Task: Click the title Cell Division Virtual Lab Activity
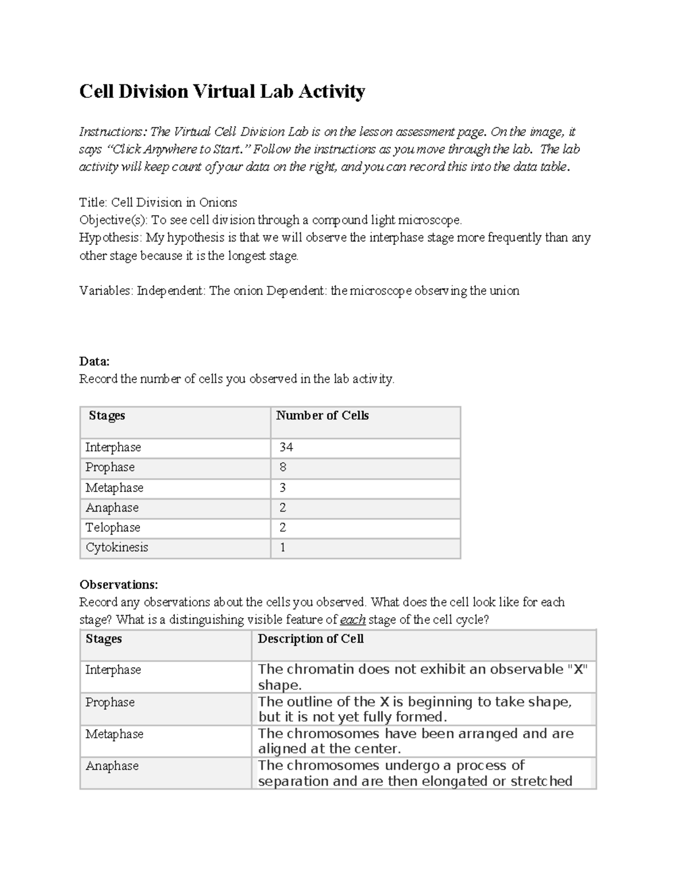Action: (x=222, y=91)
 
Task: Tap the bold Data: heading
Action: (x=94, y=361)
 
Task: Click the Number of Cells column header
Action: (x=322, y=415)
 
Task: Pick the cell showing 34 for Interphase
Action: (x=286, y=447)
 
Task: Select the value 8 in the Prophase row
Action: (x=283, y=467)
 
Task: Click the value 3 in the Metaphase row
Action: (x=283, y=487)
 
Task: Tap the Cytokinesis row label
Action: (x=117, y=547)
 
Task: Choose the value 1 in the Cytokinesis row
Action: (x=283, y=547)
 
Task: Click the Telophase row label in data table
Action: (x=113, y=527)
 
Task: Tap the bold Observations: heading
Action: (x=119, y=584)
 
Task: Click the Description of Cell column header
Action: (x=310, y=639)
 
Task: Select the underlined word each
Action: (x=353, y=620)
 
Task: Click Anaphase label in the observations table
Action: (x=112, y=766)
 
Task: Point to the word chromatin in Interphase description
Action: (x=321, y=669)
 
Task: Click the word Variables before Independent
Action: (x=105, y=291)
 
